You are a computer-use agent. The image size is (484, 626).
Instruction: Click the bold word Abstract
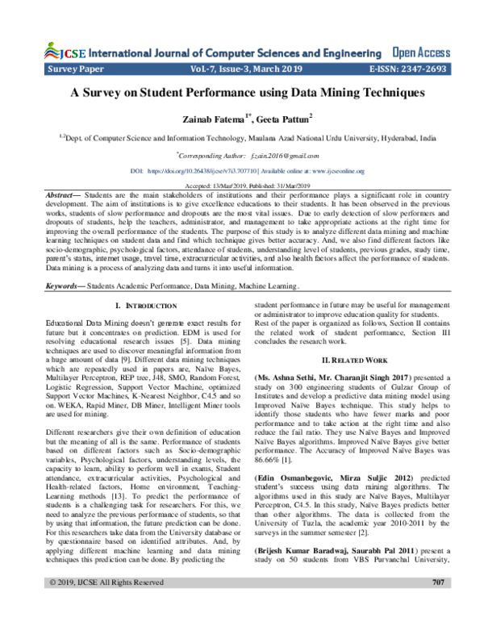coord(63,196)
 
